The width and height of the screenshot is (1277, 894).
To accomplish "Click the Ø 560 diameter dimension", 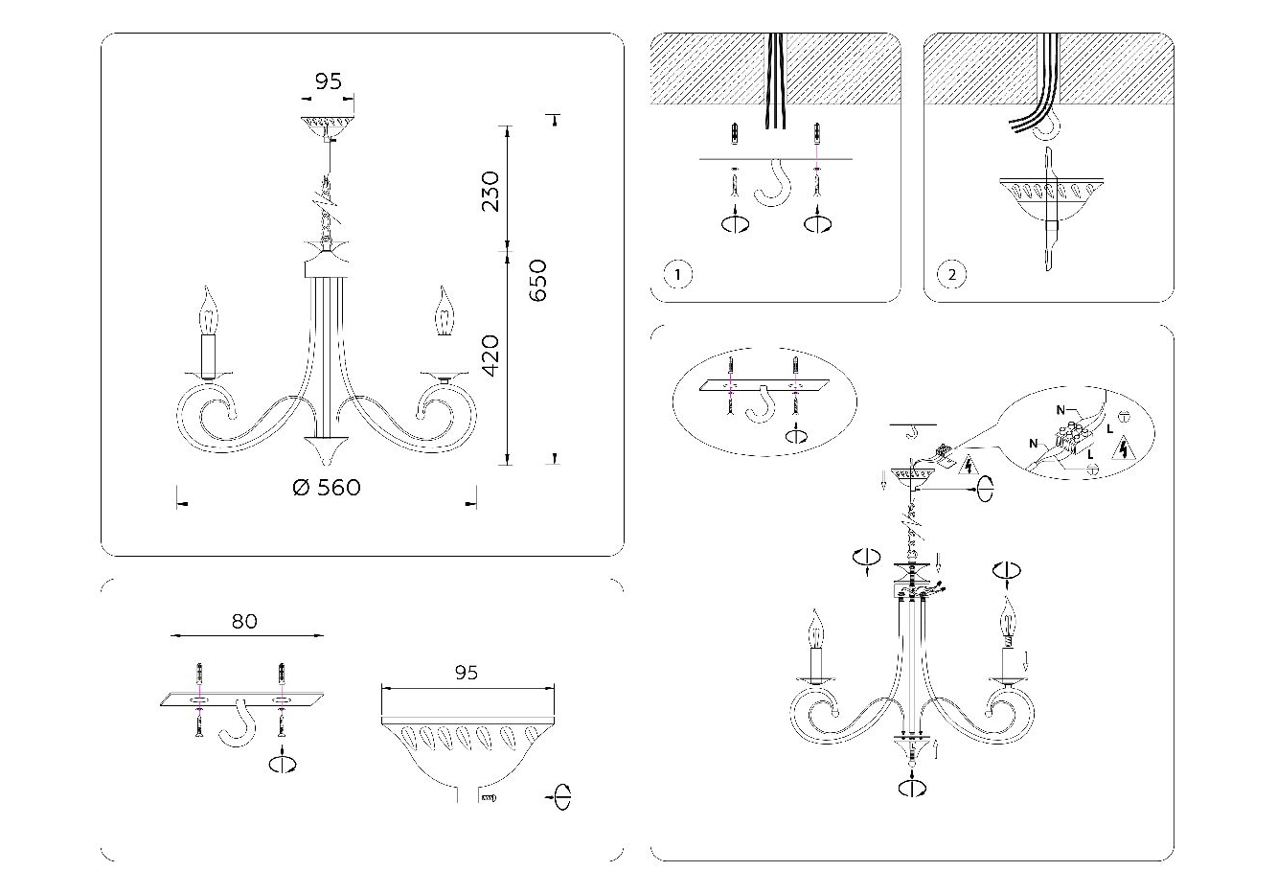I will pyautogui.click(x=327, y=488).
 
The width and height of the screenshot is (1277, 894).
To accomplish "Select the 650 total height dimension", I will pyautogui.click(x=538, y=280).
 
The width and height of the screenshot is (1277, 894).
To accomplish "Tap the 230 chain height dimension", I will pyautogui.click(x=490, y=191).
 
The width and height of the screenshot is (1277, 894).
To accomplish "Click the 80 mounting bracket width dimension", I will pyautogui.click(x=244, y=621).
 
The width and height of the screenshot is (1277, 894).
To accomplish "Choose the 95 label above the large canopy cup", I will pyautogui.click(x=466, y=673).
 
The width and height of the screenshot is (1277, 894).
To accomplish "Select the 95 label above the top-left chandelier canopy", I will pyautogui.click(x=329, y=81).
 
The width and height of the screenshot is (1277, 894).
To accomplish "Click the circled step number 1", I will pyautogui.click(x=676, y=275).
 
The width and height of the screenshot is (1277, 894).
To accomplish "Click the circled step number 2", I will pyautogui.click(x=950, y=275).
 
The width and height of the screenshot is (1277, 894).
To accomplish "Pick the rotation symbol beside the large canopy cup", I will pyautogui.click(x=560, y=796).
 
